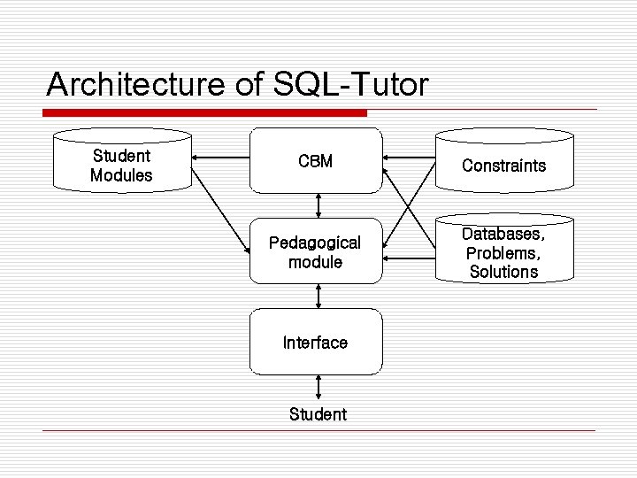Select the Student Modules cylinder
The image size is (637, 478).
pyautogui.click(x=122, y=165)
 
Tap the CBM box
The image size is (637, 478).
pyautogui.click(x=316, y=161)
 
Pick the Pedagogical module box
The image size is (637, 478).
pyautogui.click(x=316, y=252)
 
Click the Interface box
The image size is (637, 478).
pyautogui.click(x=316, y=343)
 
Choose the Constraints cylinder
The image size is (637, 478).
pyautogui.click(x=504, y=165)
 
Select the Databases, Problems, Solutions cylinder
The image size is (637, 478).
pyautogui.click(x=504, y=252)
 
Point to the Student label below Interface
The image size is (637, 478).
pyautogui.click(x=318, y=414)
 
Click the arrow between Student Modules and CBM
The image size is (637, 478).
pyautogui.click(x=221, y=160)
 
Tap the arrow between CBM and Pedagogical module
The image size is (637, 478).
pyautogui.click(x=317, y=205)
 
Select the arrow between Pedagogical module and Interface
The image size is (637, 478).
pyautogui.click(x=317, y=296)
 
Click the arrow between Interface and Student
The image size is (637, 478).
pyautogui.click(x=318, y=388)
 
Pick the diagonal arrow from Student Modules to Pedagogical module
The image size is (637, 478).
pyautogui.click(x=219, y=210)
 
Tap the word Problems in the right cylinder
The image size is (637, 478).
pyautogui.click(x=503, y=253)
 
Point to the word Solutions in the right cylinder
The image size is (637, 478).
pyautogui.click(x=503, y=272)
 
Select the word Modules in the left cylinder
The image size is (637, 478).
pyautogui.click(x=121, y=175)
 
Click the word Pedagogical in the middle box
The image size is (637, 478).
pyautogui.click(x=315, y=243)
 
